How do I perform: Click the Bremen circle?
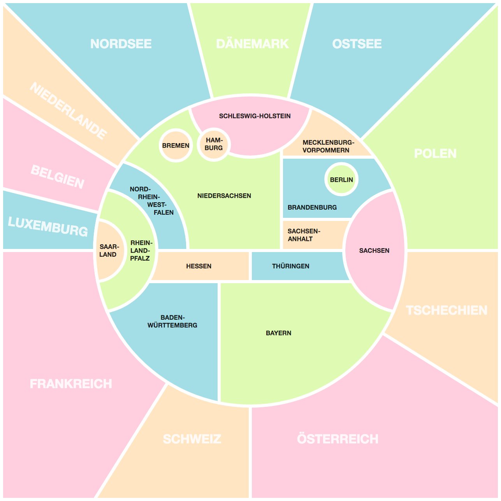tap(176, 145)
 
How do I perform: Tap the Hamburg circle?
tap(214, 144)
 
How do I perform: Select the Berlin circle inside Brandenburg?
tap(341, 180)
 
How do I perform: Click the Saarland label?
tap(109, 250)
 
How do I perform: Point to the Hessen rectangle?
tap(199, 266)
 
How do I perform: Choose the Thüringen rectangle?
tap(291, 266)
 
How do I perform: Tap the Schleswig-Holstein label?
tap(255, 116)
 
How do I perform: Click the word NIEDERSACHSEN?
tap(224, 196)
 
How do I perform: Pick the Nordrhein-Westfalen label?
tap(152, 201)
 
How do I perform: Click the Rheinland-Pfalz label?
tap(141, 250)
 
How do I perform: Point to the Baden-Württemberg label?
tap(172, 321)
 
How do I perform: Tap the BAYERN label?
tap(278, 333)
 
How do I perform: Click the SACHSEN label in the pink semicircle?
tap(374, 250)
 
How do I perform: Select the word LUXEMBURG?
tap(48, 226)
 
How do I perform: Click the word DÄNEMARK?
tap(252, 44)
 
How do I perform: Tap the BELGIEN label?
tap(57, 177)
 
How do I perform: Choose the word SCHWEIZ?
tap(192, 439)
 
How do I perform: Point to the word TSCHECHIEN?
tap(447, 310)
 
